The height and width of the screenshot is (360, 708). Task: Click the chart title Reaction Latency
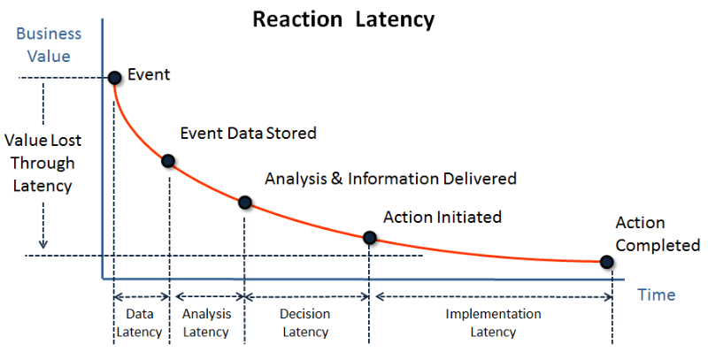click(x=343, y=19)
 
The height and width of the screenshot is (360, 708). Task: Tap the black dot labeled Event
click(x=115, y=78)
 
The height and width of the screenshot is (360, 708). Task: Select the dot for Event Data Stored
click(x=168, y=161)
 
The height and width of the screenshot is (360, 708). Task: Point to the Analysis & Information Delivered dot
click(x=245, y=203)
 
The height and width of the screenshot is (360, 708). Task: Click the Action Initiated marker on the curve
click(x=370, y=238)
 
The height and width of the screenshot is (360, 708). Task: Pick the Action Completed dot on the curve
click(x=606, y=262)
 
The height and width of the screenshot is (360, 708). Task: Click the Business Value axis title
click(x=49, y=45)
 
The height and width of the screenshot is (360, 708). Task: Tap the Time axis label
click(x=656, y=295)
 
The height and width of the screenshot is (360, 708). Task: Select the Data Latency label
click(x=140, y=323)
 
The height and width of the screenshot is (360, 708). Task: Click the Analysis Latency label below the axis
click(x=206, y=323)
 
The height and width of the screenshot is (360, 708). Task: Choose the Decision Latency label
click(x=305, y=323)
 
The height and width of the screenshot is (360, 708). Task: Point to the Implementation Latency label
click(x=493, y=323)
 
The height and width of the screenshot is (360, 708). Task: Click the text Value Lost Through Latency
click(x=42, y=163)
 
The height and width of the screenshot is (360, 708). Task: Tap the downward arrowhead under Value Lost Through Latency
click(x=42, y=244)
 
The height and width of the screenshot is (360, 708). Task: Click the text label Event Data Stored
click(x=249, y=133)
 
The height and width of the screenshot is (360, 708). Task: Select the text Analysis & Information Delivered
click(x=390, y=179)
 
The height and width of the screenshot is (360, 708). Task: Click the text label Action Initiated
click(x=442, y=218)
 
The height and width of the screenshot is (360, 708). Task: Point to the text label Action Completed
click(x=658, y=234)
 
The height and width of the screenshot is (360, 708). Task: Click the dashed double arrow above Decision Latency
click(x=307, y=297)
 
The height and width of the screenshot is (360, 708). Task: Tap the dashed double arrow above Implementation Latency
click(x=494, y=297)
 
